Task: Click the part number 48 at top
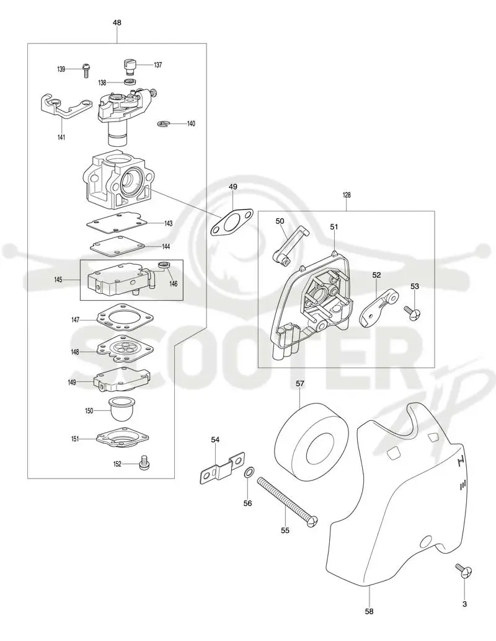pos(117,23)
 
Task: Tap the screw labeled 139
pos(86,70)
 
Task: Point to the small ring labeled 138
pos(131,82)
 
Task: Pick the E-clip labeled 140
pos(162,123)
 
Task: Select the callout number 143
pos(168,224)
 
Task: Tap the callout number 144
pos(166,247)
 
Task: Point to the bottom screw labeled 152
pos(143,462)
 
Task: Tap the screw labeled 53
pos(412,312)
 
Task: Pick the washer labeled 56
pos(249,474)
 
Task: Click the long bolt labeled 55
pos(288,501)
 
